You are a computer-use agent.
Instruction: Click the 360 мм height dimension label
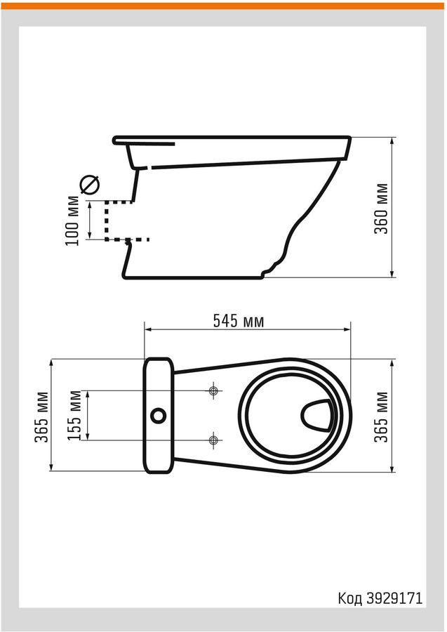[x=381, y=209]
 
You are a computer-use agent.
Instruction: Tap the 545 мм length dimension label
[x=239, y=321]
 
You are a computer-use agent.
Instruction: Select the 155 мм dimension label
[x=75, y=416]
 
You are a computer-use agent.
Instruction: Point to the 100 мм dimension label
[x=72, y=221]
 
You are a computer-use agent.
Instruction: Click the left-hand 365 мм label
[x=41, y=417]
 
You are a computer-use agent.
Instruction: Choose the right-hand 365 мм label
[x=381, y=417]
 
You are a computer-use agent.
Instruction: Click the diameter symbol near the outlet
[x=90, y=185]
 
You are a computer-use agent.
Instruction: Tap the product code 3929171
[x=394, y=598]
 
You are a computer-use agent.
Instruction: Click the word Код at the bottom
[x=350, y=598]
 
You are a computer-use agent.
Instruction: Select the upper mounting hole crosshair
[x=213, y=390]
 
